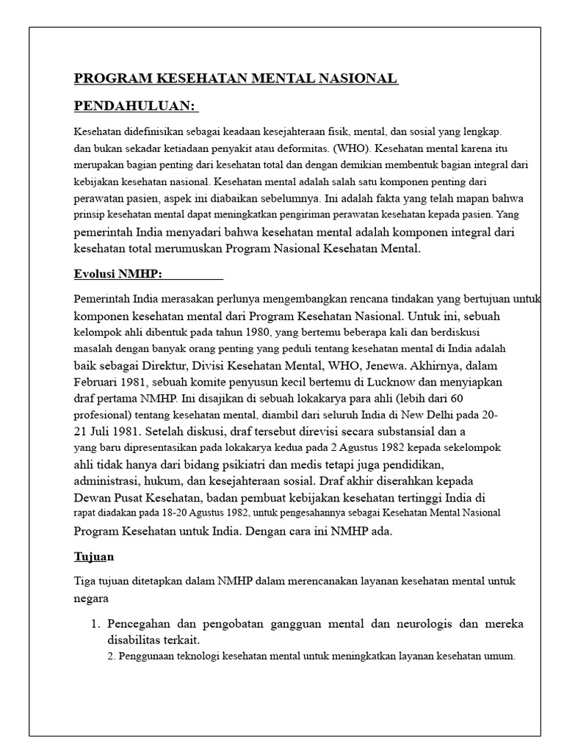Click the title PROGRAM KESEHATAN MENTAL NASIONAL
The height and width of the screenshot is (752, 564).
[236, 79]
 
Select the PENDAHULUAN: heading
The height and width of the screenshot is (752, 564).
[136, 106]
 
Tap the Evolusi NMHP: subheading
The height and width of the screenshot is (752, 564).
[118, 275]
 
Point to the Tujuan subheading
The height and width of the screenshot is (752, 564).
[94, 557]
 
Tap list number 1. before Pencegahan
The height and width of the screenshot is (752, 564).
[95, 624]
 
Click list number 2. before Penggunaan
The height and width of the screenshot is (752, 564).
[111, 657]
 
